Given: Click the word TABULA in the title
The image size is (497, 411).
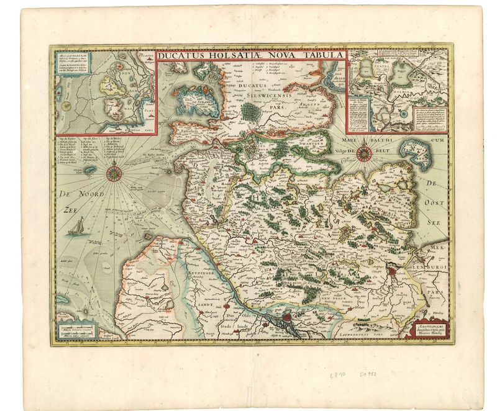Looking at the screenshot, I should pos(321,54).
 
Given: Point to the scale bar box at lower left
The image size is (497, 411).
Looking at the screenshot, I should pos(74,328).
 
